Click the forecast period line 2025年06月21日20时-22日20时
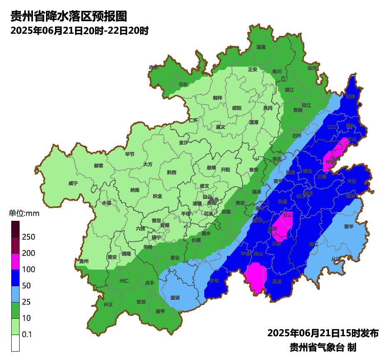click(x=80, y=31)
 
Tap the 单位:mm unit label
click(x=24, y=214)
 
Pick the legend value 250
click(x=28, y=237)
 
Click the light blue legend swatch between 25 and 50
click(x=15, y=294)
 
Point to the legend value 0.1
click(x=27, y=335)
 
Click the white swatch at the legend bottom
click(x=15, y=343)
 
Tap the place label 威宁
click(x=73, y=183)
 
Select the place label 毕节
click(x=130, y=154)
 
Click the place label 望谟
click(x=175, y=298)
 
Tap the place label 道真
click(x=261, y=47)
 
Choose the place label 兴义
click(x=108, y=305)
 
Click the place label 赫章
click(x=98, y=165)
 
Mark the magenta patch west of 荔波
click(x=256, y=277)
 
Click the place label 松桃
click(x=350, y=96)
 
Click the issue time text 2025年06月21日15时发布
click(x=323, y=333)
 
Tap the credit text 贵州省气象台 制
click(x=323, y=347)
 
